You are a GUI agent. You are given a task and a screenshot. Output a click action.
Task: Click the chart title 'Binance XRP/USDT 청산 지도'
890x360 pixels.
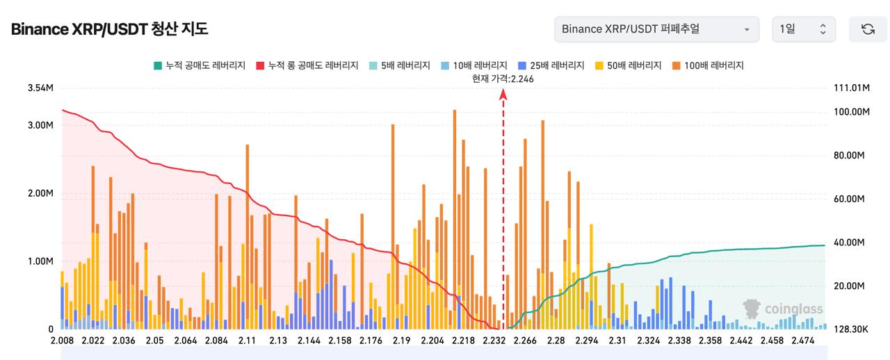(109, 29)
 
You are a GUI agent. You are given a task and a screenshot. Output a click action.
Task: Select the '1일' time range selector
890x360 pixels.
(802, 29)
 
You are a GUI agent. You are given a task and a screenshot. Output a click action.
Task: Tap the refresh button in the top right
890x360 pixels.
(868, 29)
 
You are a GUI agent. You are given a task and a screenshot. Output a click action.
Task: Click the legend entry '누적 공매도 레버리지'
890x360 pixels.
(200, 65)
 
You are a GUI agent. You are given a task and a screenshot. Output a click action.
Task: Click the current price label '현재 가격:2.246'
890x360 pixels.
(503, 79)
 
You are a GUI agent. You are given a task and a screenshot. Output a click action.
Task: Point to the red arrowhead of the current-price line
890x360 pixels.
(503, 95)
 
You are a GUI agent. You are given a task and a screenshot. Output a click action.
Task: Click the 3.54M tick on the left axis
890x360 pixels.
(40, 88)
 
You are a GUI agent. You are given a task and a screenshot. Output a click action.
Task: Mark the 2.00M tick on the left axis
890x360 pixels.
(40, 193)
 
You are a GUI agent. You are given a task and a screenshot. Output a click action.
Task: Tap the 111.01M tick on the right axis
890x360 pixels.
(851, 88)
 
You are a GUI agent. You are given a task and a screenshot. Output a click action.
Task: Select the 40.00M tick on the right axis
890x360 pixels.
(848, 243)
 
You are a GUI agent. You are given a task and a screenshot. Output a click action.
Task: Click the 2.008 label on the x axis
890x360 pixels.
(63, 341)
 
